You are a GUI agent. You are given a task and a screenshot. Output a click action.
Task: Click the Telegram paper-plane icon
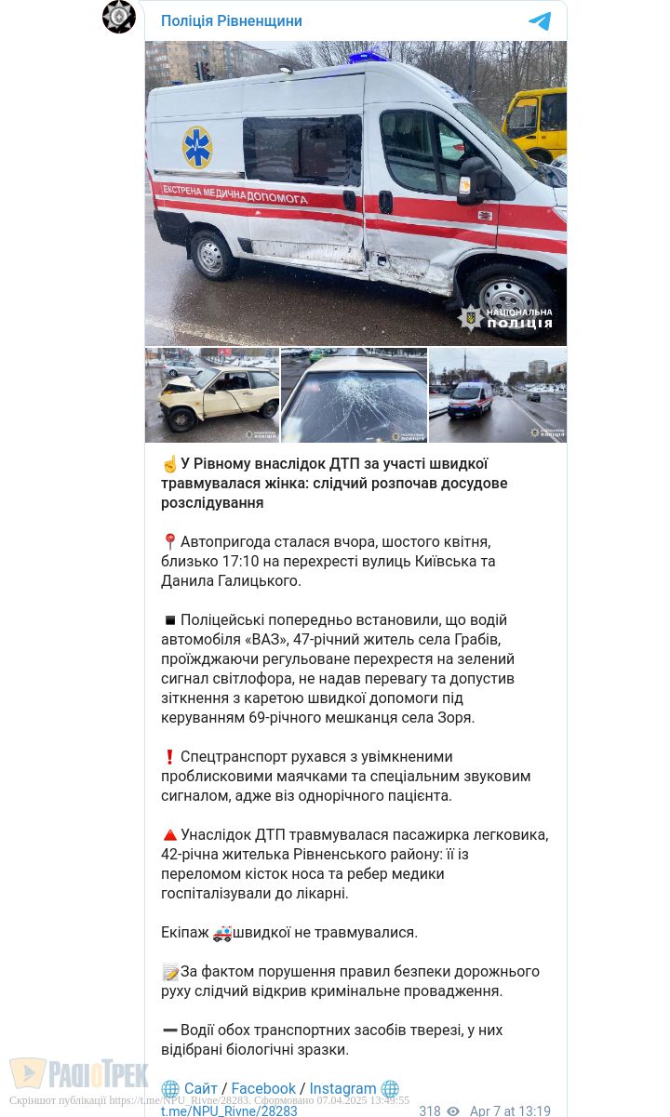pos(540,21)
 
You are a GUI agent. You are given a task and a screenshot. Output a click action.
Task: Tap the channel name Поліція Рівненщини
pos(231,21)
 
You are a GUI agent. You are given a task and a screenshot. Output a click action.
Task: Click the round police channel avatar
pos(119,17)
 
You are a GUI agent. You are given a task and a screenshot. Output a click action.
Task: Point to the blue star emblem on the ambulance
pos(197,147)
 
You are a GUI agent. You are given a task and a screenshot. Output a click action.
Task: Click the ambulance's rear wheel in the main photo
pos(211,253)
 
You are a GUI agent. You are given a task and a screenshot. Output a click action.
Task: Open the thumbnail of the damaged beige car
pos(212,395)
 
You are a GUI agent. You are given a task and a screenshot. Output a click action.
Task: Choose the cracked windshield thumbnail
pos(354,395)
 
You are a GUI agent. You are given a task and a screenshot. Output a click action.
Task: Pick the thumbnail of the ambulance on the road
pos(498,395)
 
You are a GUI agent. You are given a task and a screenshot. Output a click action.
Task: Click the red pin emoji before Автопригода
pos(169,542)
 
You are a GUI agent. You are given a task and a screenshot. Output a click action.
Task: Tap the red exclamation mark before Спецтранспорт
pos(169,757)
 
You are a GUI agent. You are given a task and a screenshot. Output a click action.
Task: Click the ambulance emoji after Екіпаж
pos(221,933)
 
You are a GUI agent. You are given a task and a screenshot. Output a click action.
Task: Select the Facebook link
pos(263,1088)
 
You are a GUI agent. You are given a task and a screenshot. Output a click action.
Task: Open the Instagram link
pos(342,1088)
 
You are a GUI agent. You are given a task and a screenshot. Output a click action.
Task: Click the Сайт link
pos(200,1088)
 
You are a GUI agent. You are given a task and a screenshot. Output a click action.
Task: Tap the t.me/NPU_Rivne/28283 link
pos(229,1110)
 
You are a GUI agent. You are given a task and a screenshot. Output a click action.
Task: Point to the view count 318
pos(430,1110)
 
